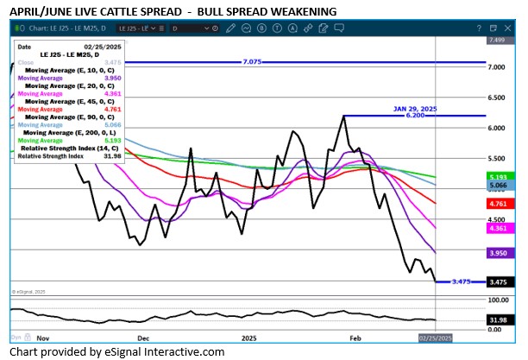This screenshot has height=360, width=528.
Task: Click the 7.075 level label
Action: pos(252,62)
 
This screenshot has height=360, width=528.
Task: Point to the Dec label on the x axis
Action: pos(143,338)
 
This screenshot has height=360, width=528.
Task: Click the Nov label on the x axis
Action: pos(43,338)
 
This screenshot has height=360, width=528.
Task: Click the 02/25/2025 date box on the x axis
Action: pos(434,338)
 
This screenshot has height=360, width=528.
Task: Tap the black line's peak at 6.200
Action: pos(344,117)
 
